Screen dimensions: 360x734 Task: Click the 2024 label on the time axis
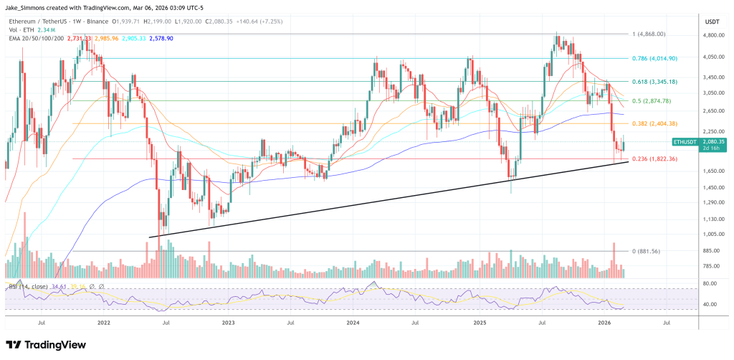[x=353, y=323]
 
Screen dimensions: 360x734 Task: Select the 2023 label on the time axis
[x=228, y=323]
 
